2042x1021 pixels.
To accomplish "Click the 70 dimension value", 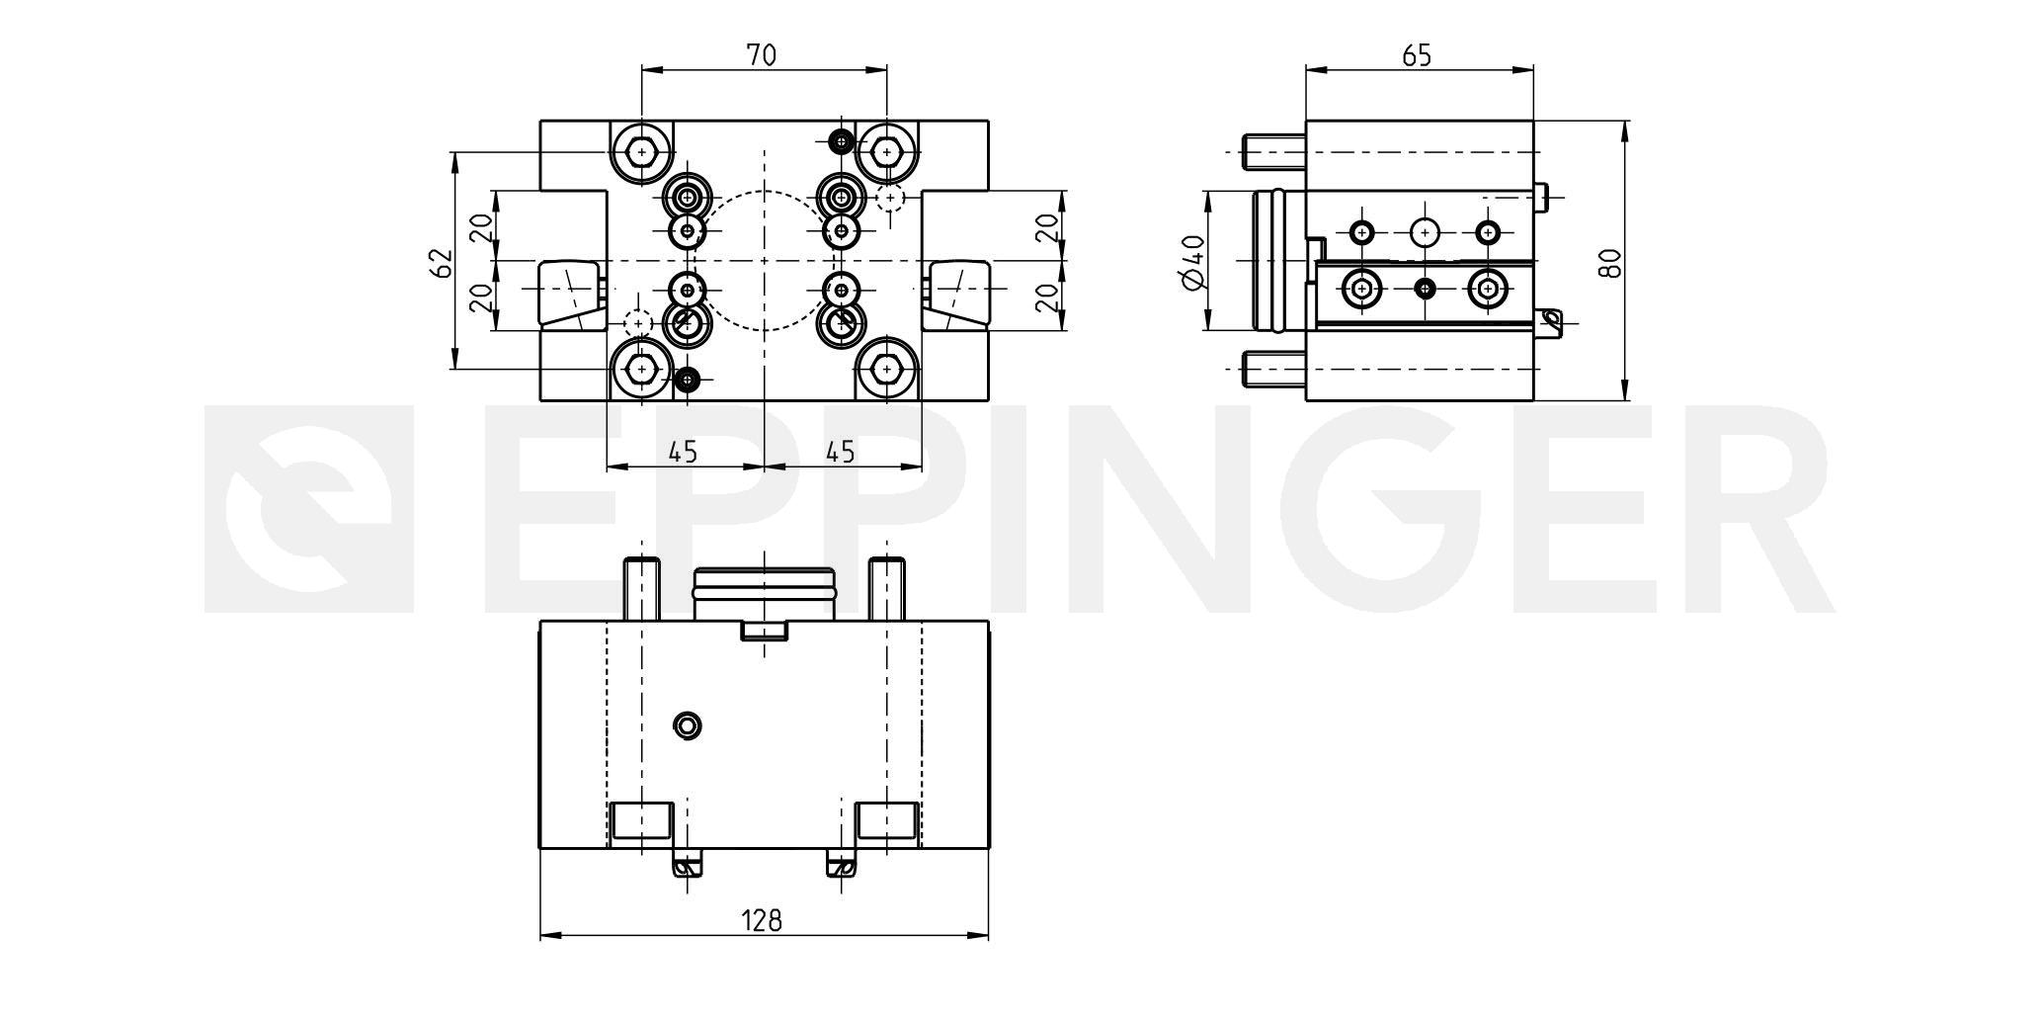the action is click(761, 55).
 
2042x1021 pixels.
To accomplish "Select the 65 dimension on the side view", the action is click(1417, 55).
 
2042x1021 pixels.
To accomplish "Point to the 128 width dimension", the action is click(762, 920).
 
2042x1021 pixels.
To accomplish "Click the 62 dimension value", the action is click(441, 263).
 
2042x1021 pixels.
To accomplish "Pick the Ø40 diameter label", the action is click(1192, 263).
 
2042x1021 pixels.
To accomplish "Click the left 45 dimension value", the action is click(683, 452).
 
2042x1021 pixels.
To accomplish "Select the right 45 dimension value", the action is click(840, 452).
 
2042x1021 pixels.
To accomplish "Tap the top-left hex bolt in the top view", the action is click(642, 152).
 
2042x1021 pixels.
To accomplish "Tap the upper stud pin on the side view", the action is click(1274, 152).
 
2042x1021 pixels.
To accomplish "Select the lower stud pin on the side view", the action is click(1274, 369).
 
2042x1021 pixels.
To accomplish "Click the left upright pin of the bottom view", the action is click(641, 589).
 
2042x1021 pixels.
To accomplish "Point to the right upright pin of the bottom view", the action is click(887, 589).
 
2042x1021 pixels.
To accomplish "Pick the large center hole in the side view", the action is click(1425, 232).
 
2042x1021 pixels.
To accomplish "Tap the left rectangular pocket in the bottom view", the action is click(641, 819).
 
